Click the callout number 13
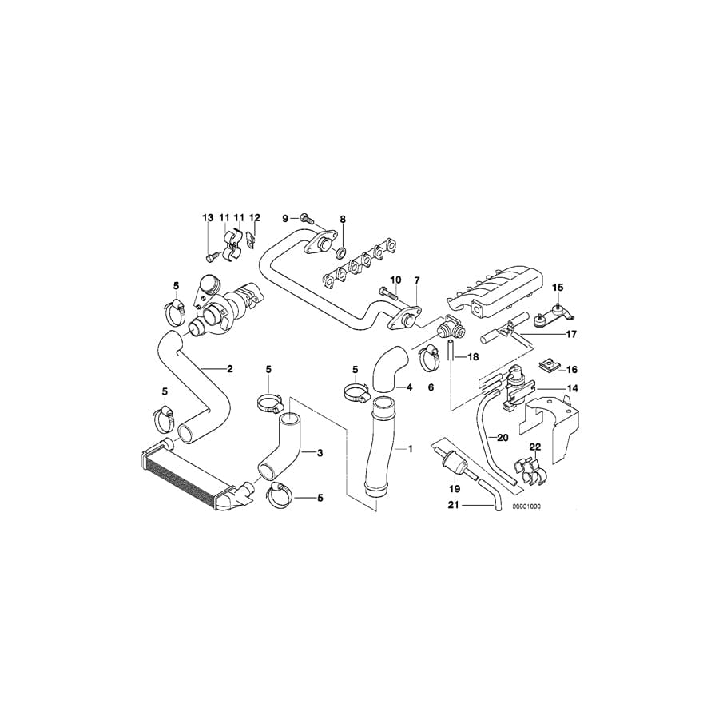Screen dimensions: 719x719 208,218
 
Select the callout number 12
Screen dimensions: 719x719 255,218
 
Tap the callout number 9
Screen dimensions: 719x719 284,218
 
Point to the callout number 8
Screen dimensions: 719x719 343,218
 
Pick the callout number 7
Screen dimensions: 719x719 415,280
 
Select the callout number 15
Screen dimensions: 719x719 558,286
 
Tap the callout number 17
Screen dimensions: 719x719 571,334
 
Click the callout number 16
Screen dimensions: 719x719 571,370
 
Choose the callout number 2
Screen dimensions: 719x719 229,369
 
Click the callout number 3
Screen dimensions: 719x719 320,453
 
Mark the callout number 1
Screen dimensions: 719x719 410,449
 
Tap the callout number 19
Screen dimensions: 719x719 455,488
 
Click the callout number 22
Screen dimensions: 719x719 535,447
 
